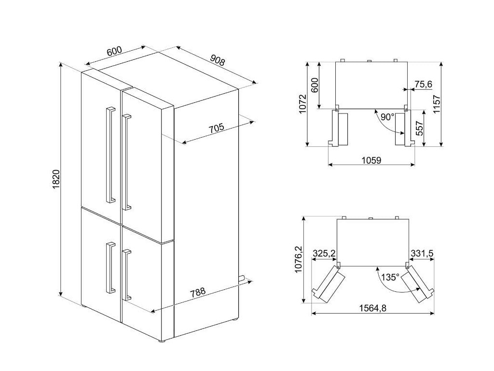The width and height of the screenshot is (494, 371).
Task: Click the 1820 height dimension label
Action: coord(56,179)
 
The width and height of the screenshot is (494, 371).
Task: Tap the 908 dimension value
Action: coord(218,60)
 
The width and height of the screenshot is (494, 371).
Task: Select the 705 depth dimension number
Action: coord(216,128)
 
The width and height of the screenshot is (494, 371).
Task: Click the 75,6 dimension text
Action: coord(423,85)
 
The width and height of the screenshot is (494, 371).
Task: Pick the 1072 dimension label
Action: coord(302,104)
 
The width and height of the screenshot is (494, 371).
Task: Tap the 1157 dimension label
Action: coord(437,104)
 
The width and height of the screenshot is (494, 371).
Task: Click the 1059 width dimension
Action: coord(371,160)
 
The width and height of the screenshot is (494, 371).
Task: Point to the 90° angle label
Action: coord(387,117)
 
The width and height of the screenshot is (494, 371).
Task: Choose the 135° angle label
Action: coord(390,277)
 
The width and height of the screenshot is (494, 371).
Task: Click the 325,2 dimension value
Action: coord(324,253)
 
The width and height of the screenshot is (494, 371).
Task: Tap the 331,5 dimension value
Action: coord(422,253)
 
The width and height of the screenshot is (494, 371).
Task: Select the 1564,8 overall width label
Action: coord(373,308)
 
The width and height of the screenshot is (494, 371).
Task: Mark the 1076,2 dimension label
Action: coord(298,259)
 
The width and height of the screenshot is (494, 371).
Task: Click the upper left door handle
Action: coord(110,155)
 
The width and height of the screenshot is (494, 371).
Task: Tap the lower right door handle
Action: coord(127,274)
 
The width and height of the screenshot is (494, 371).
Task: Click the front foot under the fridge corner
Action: coord(161,342)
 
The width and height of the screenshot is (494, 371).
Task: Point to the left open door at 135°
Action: coord(329,282)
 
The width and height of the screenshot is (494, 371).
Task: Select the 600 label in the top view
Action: coord(315,85)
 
